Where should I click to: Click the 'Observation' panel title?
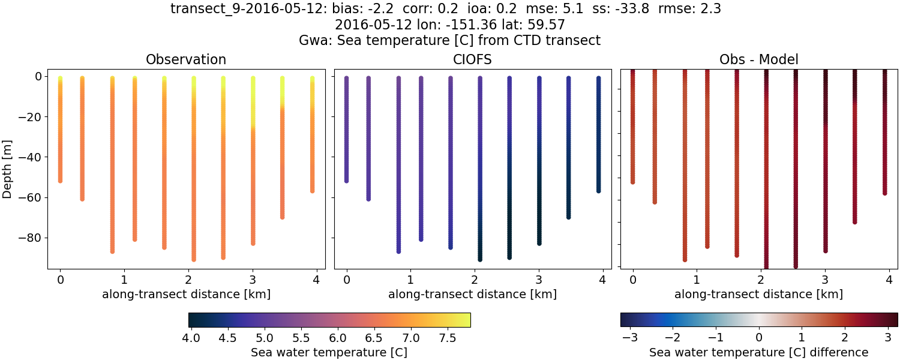pos(186,60)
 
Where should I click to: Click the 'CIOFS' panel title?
pos(472,60)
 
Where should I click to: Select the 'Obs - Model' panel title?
pos(758,60)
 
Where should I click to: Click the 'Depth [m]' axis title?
pos(8,168)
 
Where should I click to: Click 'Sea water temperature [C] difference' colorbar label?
pos(758,352)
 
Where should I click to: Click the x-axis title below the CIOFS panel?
pos(472,295)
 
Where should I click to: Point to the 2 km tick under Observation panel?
pos(188,280)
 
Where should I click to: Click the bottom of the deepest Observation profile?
pos(193,259)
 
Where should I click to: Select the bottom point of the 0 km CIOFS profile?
pos(346,180)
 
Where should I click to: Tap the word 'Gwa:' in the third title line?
pos(311,40)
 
